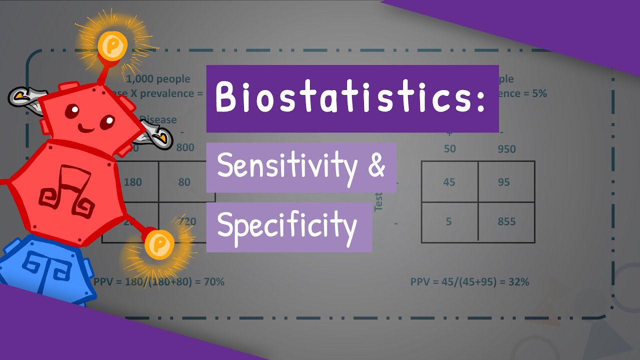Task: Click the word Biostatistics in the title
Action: (345, 98)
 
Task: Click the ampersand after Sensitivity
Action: (376, 165)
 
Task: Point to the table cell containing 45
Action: (449, 182)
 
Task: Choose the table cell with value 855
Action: (506, 222)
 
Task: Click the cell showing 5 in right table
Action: (448, 222)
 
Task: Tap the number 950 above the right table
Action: (506, 149)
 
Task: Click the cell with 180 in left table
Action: (132, 182)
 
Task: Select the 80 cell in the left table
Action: (184, 182)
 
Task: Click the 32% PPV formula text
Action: (469, 282)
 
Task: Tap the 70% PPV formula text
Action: (159, 282)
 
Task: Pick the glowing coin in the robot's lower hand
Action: (159, 244)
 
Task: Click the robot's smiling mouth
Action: (85, 128)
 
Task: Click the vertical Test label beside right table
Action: (378, 201)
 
